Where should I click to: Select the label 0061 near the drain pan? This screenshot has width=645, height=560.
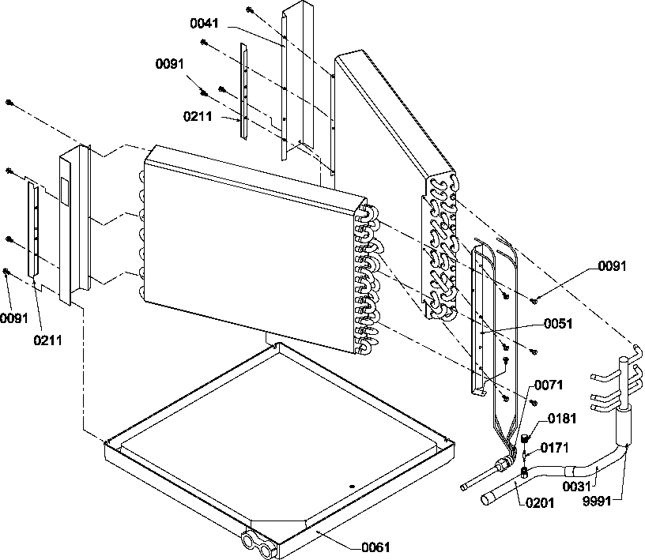tap(376, 547)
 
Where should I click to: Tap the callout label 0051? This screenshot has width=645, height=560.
tap(556, 323)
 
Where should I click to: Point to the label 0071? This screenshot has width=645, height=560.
tap(549, 385)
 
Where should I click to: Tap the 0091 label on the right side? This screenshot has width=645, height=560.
tap(611, 266)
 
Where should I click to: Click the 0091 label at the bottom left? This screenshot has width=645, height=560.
tap(13, 319)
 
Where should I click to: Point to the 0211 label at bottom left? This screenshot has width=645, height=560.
tap(48, 341)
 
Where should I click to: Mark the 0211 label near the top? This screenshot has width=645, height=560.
tap(198, 116)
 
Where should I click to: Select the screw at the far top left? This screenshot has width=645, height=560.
tap(9, 103)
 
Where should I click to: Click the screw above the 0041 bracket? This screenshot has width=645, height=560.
tap(249, 10)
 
